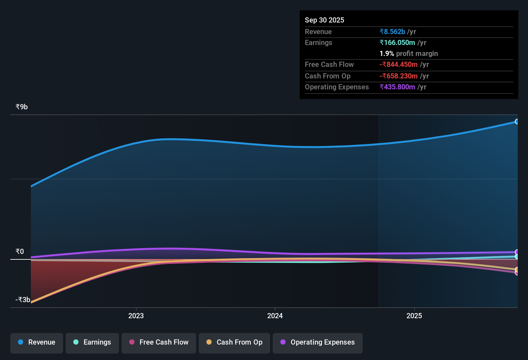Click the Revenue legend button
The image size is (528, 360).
[x=37, y=342]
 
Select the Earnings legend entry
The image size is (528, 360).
[x=92, y=342]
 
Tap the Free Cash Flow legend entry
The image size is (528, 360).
[x=159, y=342]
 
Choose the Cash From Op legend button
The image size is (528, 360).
[x=234, y=342]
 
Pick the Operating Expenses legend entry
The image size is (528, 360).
[x=318, y=342]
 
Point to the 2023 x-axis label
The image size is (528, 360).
[x=136, y=316]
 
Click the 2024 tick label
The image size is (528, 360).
[x=275, y=316]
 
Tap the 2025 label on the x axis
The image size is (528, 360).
[x=414, y=316]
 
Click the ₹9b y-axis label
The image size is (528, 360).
[x=22, y=107]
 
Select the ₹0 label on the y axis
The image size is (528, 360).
[x=20, y=251]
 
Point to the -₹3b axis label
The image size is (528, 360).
[x=23, y=300]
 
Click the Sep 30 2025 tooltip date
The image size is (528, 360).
[x=324, y=20]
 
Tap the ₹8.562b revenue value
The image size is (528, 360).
[x=392, y=32]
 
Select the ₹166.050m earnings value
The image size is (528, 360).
[x=397, y=42]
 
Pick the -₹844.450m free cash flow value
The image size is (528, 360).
[x=398, y=64]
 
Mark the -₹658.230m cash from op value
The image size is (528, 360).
[x=398, y=76]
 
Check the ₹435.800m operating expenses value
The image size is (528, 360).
[x=397, y=87]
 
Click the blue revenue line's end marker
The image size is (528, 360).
[x=517, y=122]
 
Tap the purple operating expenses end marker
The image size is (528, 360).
[x=517, y=252]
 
